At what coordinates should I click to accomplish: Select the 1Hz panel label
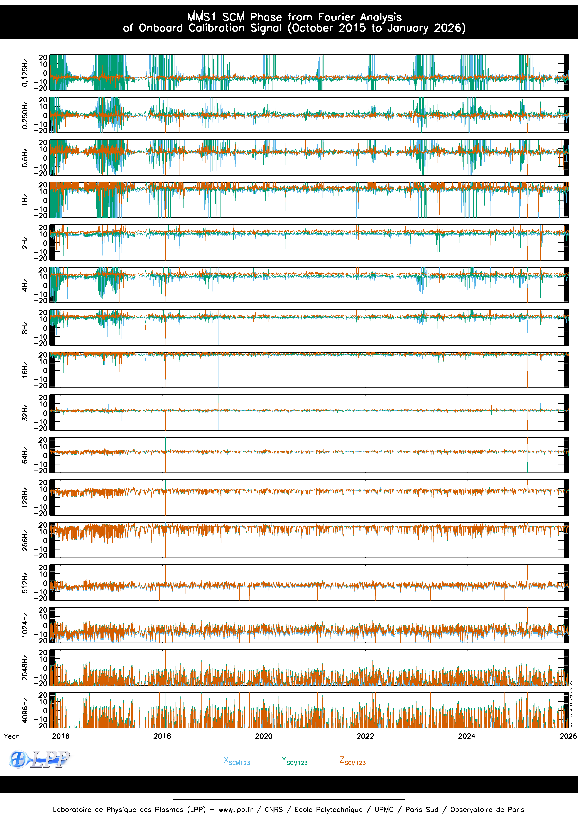click(x=24, y=200)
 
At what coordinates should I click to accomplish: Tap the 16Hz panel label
click(x=24, y=370)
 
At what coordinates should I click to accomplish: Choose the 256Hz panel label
click(x=24, y=540)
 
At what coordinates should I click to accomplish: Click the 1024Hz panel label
click(x=24, y=625)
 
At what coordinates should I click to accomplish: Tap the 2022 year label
click(x=365, y=736)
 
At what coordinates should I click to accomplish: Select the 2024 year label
click(x=467, y=736)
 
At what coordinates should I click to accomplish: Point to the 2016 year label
click(x=61, y=736)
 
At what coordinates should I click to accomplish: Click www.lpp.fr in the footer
click(x=236, y=810)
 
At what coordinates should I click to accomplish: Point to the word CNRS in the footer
click(x=273, y=810)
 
